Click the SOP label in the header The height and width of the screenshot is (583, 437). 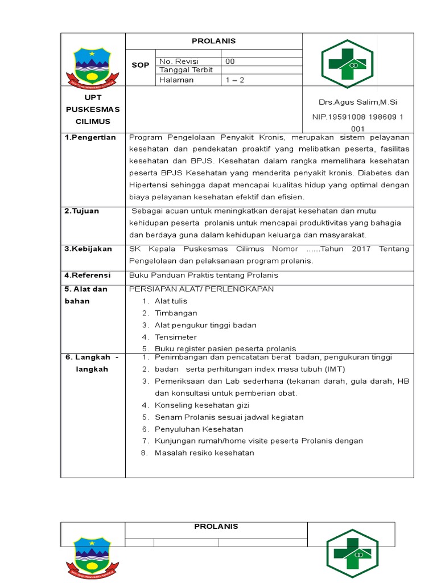141,65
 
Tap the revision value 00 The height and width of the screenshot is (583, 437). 230,61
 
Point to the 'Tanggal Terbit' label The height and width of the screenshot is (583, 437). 186,70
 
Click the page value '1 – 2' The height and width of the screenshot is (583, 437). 234,80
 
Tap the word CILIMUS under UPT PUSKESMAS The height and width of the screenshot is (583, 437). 93,122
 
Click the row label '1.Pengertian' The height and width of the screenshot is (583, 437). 90,137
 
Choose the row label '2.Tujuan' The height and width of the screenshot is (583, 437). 82,211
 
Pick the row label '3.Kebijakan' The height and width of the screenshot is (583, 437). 88,249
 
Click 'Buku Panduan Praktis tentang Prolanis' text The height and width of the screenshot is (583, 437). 204,276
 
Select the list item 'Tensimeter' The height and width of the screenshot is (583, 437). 176,337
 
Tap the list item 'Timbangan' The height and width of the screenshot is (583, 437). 176,313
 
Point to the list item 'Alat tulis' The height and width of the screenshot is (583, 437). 171,301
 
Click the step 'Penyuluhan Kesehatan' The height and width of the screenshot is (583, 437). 199,429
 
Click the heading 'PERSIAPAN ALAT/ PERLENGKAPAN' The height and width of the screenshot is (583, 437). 201,289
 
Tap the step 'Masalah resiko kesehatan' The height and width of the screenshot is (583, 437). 204,453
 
